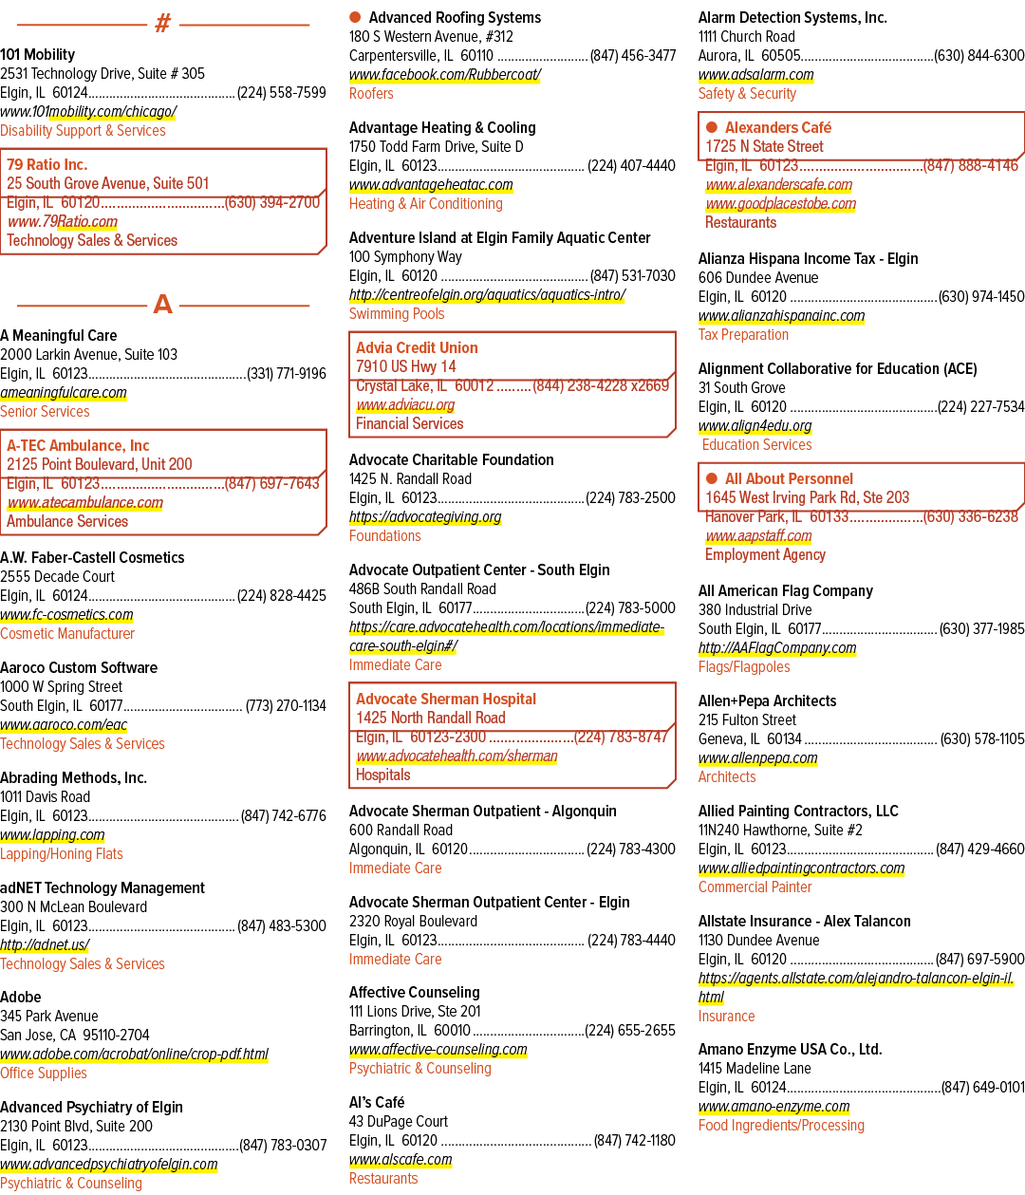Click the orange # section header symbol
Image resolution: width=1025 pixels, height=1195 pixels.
163,23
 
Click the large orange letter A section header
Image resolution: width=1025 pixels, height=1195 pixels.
163,304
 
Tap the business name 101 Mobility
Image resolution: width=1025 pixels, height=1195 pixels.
38,54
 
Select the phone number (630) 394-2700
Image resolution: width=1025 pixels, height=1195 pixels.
271,202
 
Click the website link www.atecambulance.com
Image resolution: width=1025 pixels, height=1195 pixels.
85,502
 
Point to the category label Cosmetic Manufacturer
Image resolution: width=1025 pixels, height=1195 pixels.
67,634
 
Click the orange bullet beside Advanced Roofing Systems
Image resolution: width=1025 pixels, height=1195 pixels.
355,17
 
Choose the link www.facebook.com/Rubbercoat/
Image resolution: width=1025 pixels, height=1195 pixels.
445,75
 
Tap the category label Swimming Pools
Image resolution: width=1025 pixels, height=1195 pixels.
397,313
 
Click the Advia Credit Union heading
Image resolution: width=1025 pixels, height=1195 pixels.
417,347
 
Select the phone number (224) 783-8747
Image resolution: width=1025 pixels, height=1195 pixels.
621,737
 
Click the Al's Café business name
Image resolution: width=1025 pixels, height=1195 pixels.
377,1102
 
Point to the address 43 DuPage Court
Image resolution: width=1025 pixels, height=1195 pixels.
399,1121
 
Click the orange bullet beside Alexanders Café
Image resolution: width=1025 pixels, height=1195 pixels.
712,127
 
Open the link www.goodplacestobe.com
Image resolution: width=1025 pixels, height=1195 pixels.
780,203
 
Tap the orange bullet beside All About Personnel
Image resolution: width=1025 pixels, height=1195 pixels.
712,478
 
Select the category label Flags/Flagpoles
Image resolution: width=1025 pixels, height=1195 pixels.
744,666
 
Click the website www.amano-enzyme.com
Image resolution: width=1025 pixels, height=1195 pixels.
774,1106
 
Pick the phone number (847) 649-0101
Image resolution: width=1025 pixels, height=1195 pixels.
983,1087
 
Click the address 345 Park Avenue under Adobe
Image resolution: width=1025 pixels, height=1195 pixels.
49,1016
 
